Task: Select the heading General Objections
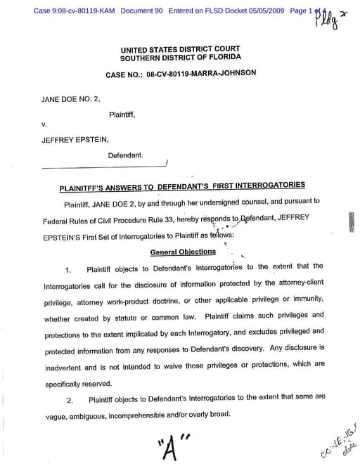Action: (x=183, y=252)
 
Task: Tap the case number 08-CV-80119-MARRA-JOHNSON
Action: (x=181, y=72)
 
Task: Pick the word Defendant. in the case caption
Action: (x=126, y=154)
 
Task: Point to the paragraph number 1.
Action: (x=68, y=269)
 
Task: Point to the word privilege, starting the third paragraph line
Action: (x=61, y=302)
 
